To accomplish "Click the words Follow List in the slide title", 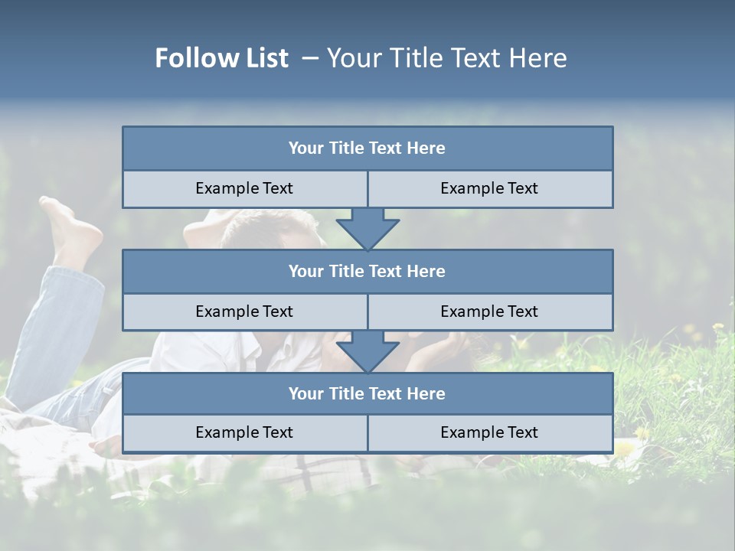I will (x=221, y=58).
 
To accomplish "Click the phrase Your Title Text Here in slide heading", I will (x=446, y=58).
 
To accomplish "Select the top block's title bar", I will (x=367, y=148).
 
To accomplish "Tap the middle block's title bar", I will (x=367, y=271).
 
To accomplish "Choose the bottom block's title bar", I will (x=367, y=393).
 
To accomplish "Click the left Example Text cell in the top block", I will (x=244, y=188).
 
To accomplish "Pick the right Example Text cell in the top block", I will (x=489, y=188).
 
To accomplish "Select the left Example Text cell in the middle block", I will (x=244, y=311).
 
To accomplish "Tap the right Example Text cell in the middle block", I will (x=489, y=311).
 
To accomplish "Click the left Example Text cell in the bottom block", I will (x=244, y=432).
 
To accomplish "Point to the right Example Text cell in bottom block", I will (x=489, y=432).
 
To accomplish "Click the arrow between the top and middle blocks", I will (x=367, y=228).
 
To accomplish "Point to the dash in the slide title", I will (x=310, y=58).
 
